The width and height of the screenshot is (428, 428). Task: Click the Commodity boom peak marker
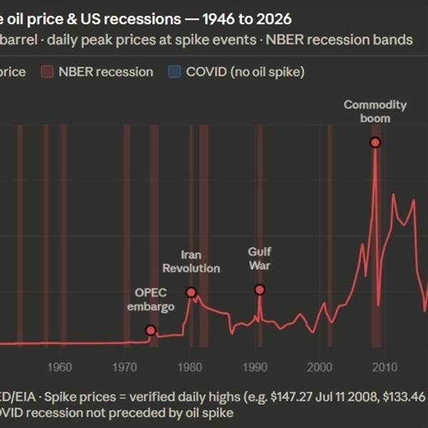pyautogui.click(x=375, y=143)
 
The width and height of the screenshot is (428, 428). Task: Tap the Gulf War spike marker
pyautogui.click(x=260, y=290)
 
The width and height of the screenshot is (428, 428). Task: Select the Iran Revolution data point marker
pyautogui.click(x=191, y=292)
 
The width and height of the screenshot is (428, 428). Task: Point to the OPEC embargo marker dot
pyautogui.click(x=151, y=330)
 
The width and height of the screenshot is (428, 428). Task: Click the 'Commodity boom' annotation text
pyautogui.click(x=375, y=111)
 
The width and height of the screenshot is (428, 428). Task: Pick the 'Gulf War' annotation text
pyautogui.click(x=260, y=259)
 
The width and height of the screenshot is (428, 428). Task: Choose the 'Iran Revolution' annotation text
pyautogui.click(x=190, y=261)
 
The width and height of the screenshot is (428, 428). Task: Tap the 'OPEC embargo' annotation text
pyautogui.click(x=151, y=300)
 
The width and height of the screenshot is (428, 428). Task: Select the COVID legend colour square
pyautogui.click(x=175, y=71)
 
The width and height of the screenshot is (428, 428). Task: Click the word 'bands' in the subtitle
pyautogui.click(x=395, y=39)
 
